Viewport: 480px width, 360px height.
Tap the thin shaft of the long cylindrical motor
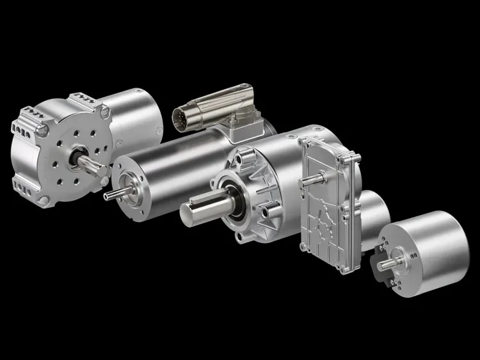point(110,193)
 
